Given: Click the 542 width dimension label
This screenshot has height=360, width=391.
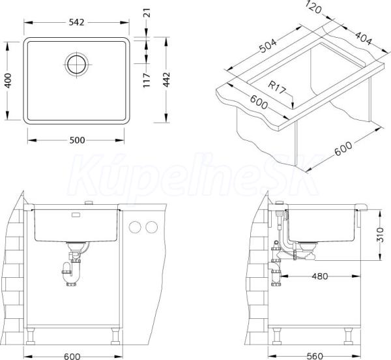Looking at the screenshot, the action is [x=76, y=22].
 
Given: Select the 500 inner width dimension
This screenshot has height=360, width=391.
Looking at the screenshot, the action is [x=77, y=140].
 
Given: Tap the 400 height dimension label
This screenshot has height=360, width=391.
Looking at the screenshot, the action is [x=8, y=80].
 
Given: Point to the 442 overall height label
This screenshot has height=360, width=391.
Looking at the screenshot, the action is [x=167, y=80].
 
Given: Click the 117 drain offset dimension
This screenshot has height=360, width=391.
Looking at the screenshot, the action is [x=147, y=80].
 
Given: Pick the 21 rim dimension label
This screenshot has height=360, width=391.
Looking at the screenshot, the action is [x=147, y=13].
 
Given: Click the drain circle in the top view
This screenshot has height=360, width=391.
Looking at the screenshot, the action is [x=76, y=64].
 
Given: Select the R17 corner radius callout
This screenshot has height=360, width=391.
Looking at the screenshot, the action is [x=276, y=87].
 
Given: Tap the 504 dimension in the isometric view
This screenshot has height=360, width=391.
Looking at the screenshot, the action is [x=268, y=46].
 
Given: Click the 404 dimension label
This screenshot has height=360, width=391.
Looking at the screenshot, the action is [x=364, y=38].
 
